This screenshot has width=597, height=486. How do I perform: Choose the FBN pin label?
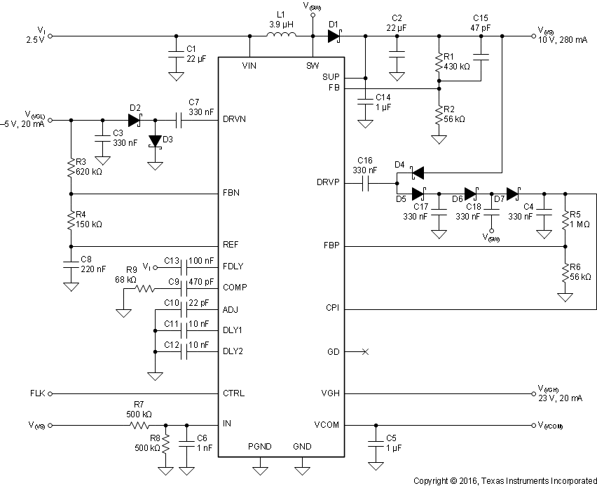[232, 194]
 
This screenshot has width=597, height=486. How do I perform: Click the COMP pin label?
[235, 288]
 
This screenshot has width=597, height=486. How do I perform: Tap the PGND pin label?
[259, 446]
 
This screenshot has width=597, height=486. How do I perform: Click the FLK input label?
[37, 393]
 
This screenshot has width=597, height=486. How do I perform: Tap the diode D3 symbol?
[155, 140]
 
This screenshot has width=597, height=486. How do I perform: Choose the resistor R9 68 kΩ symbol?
[144, 288]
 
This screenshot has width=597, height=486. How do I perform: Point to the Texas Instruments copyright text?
[504, 480]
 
